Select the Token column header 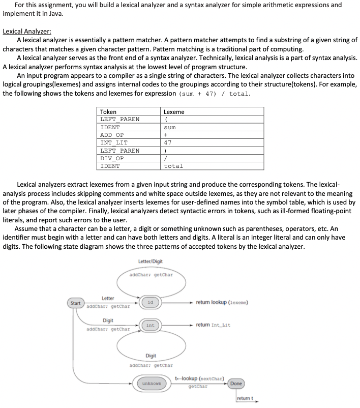coord(108,112)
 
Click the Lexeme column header coord(174,112)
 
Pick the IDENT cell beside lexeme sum coord(110,127)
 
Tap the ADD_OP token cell coord(112,135)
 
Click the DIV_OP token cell coord(112,158)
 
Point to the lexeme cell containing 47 coord(168,142)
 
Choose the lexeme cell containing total coord(173,166)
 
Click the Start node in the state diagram coord(75,303)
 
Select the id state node coord(150,302)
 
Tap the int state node coord(151,325)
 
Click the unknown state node coord(152,383)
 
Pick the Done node coord(236,383)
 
